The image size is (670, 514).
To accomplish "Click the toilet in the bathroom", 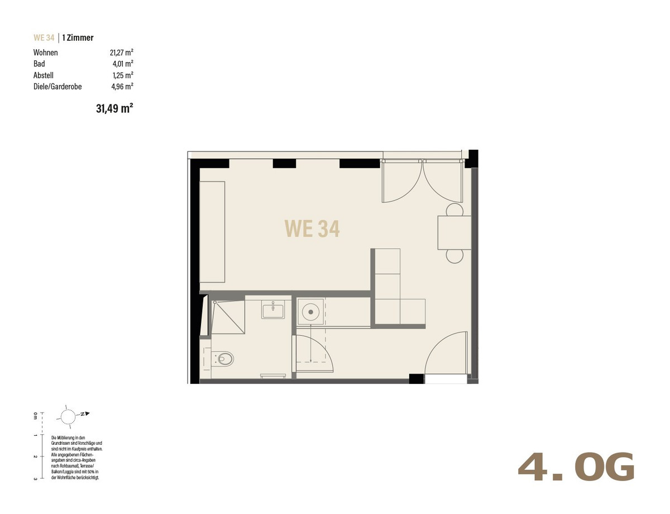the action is pyautogui.click(x=224, y=359).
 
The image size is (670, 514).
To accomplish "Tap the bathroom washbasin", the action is pyautogui.click(x=273, y=310).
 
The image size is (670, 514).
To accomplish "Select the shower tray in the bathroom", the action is pyautogui.click(x=228, y=317).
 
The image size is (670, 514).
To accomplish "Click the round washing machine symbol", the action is pyautogui.click(x=310, y=312).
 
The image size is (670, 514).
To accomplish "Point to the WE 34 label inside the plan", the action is pyautogui.click(x=312, y=229).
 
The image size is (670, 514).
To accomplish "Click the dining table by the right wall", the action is pyautogui.click(x=454, y=233).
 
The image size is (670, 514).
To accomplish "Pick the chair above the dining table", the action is pyautogui.click(x=454, y=210).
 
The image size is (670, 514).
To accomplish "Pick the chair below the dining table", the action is pyautogui.click(x=454, y=256).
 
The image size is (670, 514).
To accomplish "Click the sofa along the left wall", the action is pyautogui.click(x=212, y=232).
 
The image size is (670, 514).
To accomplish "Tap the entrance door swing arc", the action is pyautogui.click(x=437, y=342).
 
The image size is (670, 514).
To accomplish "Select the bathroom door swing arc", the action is pyautogui.click(x=324, y=345).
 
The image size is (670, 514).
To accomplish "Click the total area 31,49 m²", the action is pyautogui.click(x=114, y=108).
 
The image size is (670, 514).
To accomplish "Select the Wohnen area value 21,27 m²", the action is pyautogui.click(x=122, y=53).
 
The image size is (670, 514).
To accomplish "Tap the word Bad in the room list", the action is pyautogui.click(x=39, y=64).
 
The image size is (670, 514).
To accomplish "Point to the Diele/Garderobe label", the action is pyautogui.click(x=58, y=87).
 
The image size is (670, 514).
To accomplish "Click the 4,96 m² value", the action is pyautogui.click(x=122, y=87).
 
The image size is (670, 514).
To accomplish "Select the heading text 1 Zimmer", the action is pyautogui.click(x=78, y=37).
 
